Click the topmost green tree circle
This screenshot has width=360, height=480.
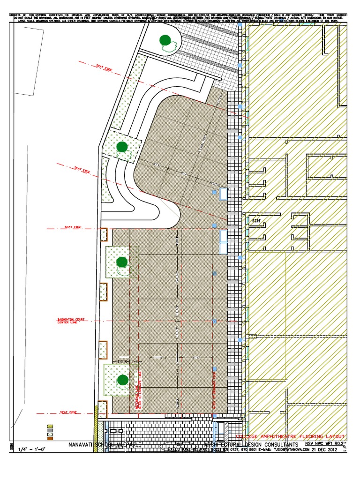(165, 41)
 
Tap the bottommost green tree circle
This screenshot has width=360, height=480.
(122, 380)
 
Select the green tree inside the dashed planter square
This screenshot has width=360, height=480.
(122, 147)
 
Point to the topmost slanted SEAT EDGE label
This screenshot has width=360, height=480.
(105, 68)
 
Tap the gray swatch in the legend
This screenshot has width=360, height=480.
(50, 432)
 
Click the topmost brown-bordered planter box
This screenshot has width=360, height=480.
(104, 235)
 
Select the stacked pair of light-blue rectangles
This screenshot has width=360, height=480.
(223, 241)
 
